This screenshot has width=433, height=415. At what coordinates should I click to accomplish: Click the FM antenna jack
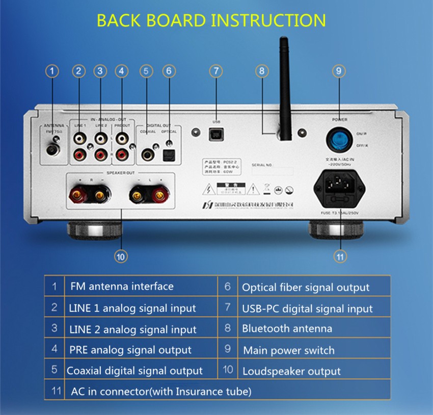(52, 149)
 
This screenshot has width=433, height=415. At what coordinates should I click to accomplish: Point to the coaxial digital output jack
(148, 153)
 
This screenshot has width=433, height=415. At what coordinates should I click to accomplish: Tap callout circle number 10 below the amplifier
(120, 256)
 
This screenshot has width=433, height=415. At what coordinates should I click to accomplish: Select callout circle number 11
(340, 256)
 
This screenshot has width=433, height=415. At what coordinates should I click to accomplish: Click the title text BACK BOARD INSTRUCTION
(211, 20)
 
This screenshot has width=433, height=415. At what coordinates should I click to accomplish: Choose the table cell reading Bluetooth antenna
(287, 329)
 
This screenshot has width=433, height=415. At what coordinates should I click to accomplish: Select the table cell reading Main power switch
(288, 350)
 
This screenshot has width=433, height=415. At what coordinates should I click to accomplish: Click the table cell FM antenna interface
(121, 287)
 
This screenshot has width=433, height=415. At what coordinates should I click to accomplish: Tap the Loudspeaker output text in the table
(291, 371)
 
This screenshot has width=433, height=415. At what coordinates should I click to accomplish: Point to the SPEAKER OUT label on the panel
(120, 173)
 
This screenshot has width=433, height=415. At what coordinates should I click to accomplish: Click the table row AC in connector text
(160, 392)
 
